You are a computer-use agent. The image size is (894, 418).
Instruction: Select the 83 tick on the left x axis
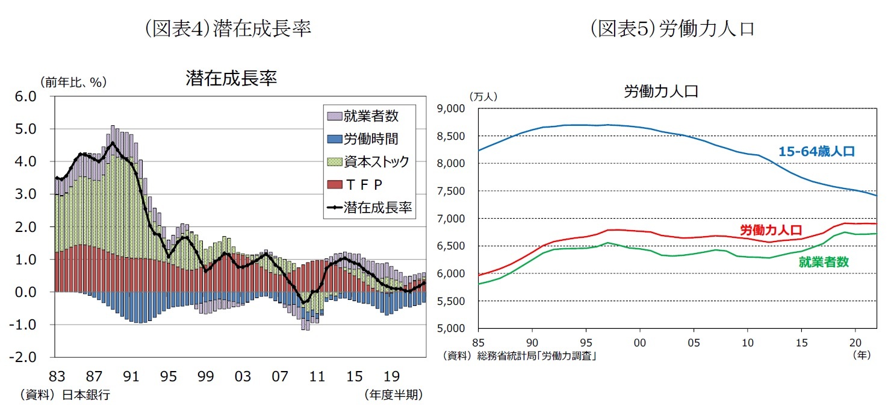(57, 376)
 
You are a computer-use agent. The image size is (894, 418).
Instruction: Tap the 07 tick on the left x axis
(280, 376)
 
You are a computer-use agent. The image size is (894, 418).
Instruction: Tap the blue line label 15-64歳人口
(816, 152)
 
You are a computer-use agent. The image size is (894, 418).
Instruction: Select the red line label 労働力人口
(770, 229)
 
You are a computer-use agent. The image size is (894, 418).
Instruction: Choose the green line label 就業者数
(823, 262)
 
